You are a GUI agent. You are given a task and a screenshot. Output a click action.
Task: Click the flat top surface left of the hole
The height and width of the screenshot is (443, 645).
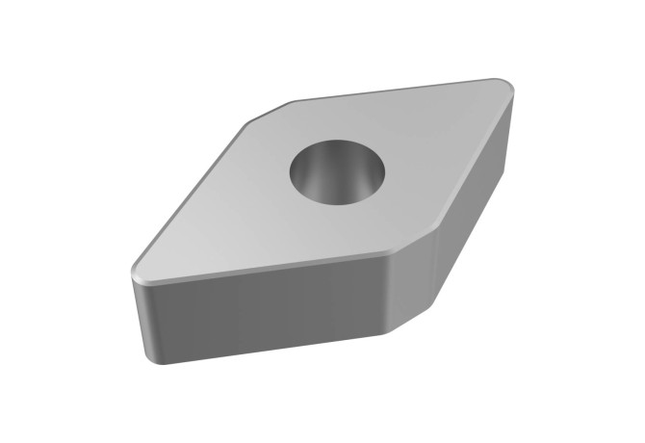231,207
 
